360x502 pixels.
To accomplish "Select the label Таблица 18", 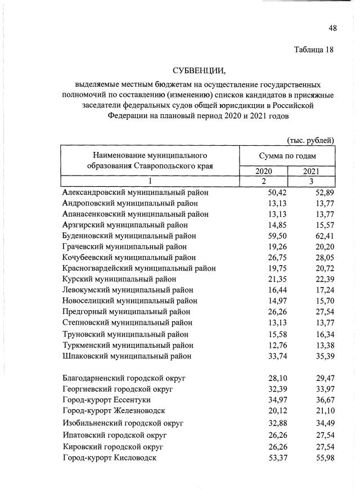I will coord(314,50).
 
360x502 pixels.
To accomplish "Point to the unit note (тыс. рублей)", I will coord(310,140).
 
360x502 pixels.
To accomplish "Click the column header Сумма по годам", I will coord(287,155).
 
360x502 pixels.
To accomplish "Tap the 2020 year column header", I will coord(263,171).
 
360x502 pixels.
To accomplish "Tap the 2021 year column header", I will coord(311,171).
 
